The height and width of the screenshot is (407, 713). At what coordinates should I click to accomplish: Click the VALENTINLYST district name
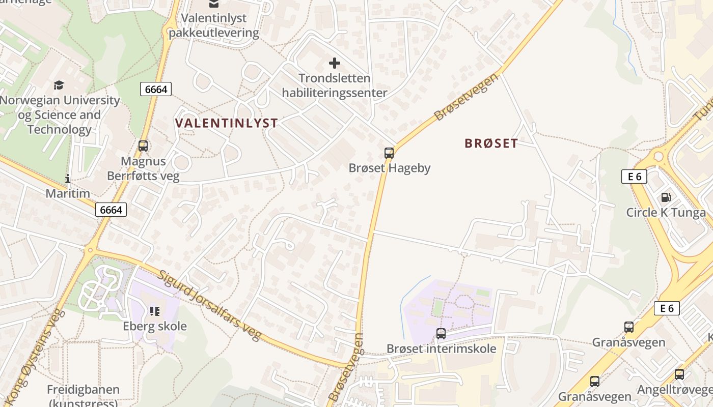coord(227,123)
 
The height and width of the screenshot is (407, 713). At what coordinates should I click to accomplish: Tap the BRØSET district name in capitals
coord(491,143)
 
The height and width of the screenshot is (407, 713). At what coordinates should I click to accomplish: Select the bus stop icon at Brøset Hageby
coord(389,153)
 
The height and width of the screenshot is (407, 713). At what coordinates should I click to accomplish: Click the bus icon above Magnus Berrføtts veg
coord(143,146)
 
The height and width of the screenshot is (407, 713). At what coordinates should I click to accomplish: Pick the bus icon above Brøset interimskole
coord(441,334)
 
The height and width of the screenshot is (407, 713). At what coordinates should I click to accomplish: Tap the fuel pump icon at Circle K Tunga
coord(666,197)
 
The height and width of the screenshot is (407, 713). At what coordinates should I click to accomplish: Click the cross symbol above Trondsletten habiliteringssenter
coord(335,63)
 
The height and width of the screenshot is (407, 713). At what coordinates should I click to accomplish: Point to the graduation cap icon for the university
coord(59,85)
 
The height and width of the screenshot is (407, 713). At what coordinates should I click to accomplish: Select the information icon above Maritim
coord(67,179)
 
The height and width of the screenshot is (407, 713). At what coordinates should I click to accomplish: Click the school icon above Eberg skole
coord(155,311)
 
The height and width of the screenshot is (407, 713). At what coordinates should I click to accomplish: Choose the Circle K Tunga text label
coord(666,213)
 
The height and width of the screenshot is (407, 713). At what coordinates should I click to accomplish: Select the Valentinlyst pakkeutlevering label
coord(214,25)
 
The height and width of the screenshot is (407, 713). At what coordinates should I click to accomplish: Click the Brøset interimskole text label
coord(441,349)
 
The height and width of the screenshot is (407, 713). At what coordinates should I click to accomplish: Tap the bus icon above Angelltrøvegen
coord(679,374)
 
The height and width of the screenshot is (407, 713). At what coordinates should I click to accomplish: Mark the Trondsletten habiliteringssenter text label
coord(335,85)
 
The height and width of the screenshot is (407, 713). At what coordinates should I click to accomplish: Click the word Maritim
coord(68,194)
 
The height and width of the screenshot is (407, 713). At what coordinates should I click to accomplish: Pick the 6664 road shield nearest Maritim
coord(111,210)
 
